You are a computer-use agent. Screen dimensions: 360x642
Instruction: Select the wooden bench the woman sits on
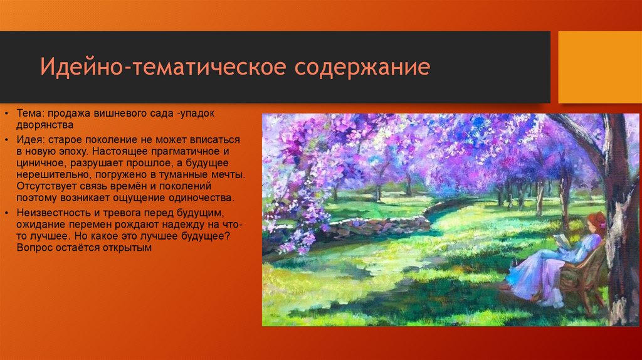coord(584,276)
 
